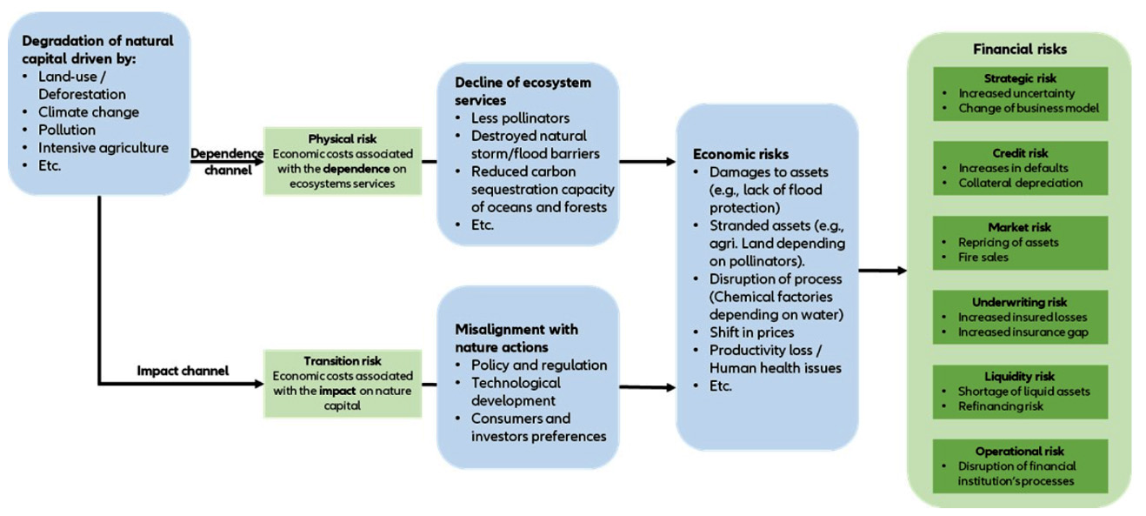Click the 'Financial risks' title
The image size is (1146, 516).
point(1020,50)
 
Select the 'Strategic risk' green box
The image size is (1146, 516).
point(1020,93)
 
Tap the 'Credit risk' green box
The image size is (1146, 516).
point(1020,168)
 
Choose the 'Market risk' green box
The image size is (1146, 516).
point(1020,243)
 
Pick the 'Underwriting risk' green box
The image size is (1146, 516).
point(1020,317)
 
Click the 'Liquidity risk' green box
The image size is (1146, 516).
point(1020,392)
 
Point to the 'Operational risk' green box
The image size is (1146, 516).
point(1020,466)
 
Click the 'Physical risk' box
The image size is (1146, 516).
point(343,161)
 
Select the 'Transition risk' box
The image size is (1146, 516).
point(343,383)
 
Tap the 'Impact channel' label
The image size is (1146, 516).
point(183,371)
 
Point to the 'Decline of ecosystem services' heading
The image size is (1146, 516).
point(523,91)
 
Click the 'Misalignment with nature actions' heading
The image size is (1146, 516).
point(516,338)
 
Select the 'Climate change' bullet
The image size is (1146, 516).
point(88,112)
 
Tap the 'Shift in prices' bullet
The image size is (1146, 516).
point(751,332)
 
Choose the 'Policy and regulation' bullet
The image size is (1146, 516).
point(538,365)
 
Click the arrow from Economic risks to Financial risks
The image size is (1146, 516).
point(882,271)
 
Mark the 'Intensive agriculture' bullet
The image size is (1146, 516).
point(103,147)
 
